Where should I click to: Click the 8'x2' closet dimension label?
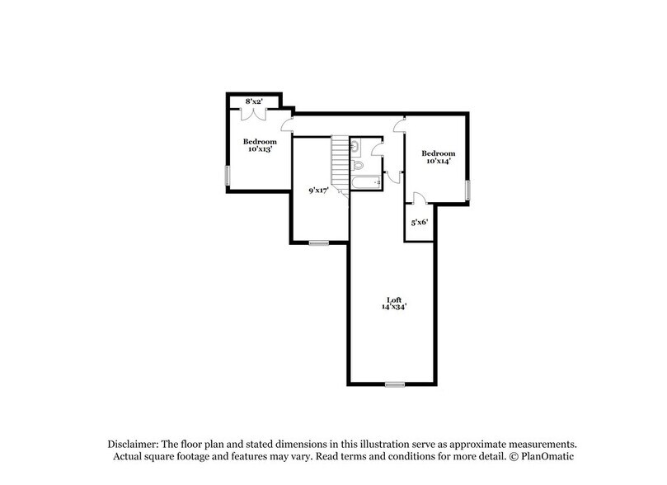click(253, 101)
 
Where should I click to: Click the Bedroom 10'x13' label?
click(259, 145)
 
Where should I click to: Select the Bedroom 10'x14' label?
click(438, 157)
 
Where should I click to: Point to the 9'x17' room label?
click(318, 191)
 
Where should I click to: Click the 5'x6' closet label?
click(420, 223)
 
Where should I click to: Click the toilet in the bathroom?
click(357, 164)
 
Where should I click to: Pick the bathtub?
click(365, 181)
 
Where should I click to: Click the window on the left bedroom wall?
click(228, 175)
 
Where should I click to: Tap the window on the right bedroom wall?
click(467, 191)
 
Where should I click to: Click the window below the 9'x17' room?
click(318, 242)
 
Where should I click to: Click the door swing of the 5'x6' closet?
click(418, 199)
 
